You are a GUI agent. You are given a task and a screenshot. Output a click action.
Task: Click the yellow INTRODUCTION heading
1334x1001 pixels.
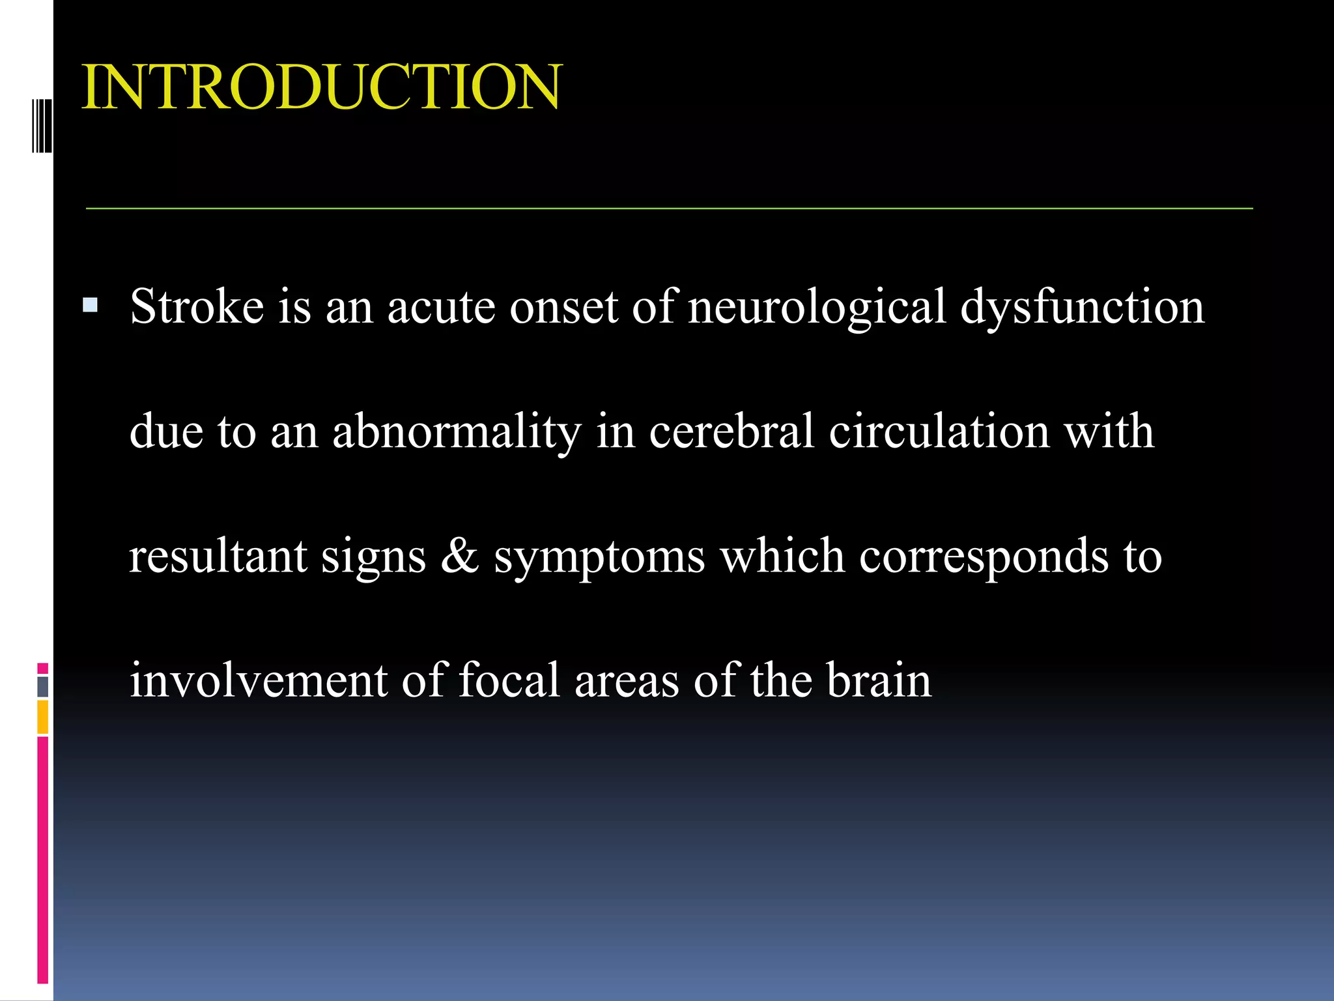(x=321, y=87)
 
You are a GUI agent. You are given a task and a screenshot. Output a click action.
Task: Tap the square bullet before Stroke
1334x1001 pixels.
(x=91, y=305)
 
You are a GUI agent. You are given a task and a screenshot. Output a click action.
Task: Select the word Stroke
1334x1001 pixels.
(x=197, y=306)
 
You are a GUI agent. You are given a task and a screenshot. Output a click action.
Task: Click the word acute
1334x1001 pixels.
(x=441, y=307)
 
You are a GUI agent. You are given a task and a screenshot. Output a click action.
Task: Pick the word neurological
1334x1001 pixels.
(x=816, y=307)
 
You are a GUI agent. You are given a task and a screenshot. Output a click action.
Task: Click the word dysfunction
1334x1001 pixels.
(x=1082, y=307)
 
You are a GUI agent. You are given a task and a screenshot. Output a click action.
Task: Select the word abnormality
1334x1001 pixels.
(x=456, y=431)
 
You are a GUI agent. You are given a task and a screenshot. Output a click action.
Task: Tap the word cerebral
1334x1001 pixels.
(x=731, y=431)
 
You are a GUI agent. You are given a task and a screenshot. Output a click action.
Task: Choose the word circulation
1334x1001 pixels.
(x=939, y=431)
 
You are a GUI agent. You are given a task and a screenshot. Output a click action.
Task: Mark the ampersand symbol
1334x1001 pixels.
(x=460, y=556)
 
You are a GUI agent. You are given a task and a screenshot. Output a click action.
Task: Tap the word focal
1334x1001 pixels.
(x=509, y=680)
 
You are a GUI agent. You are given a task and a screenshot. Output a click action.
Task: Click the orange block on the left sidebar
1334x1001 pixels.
(x=42, y=716)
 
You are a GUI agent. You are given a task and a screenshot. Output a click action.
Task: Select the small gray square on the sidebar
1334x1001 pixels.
(x=42, y=686)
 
